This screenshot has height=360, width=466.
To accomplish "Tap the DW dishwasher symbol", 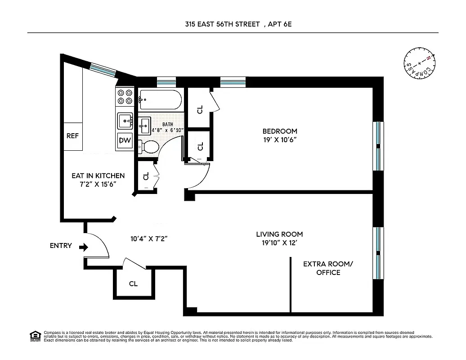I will [125, 140].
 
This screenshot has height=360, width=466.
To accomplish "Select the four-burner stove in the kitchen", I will [125, 97].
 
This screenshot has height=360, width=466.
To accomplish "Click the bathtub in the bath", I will [160, 99].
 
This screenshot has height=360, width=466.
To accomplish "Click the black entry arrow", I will [83, 247].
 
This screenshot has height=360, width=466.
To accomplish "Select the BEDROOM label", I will [280, 131].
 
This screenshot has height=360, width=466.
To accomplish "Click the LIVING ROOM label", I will [279, 234].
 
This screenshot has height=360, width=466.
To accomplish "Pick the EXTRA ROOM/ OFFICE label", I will [328, 268].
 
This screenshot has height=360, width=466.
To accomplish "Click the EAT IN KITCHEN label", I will [98, 175].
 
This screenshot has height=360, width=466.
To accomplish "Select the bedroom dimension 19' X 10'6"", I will [280, 139].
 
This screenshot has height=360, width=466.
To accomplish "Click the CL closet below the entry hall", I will [133, 283].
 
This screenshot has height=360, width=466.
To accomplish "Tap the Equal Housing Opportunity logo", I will [35, 336].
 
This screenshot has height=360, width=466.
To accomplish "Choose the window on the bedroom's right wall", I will [379, 146].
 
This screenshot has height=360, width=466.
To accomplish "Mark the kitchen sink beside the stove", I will [125, 121].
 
